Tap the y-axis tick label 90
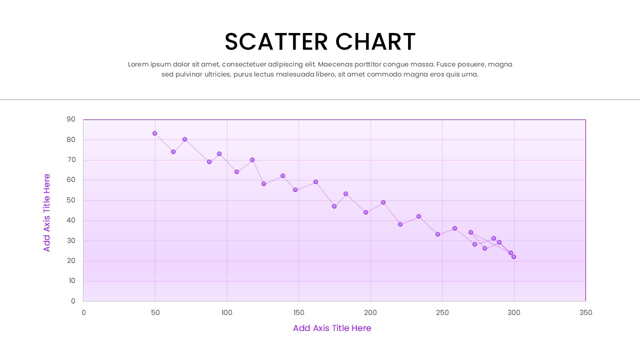pyautogui.click(x=71, y=119)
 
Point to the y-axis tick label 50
pyautogui.click(x=71, y=200)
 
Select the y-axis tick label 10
pyautogui.click(x=71, y=281)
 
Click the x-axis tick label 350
pyautogui.click(x=585, y=313)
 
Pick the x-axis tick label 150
pyautogui.click(x=298, y=313)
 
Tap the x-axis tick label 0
pyautogui.click(x=83, y=313)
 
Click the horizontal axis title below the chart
pyautogui.click(x=332, y=328)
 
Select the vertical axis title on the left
pyautogui.click(x=47, y=212)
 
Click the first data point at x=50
pyautogui.click(x=155, y=133)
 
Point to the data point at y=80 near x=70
pyautogui.click(x=184, y=139)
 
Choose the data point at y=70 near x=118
pyautogui.click(x=252, y=160)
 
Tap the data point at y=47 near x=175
pyautogui.click(x=334, y=206)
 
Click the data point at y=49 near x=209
pyautogui.click(x=383, y=202)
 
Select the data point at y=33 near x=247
pyautogui.click(x=437, y=234)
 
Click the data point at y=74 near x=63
pyautogui.click(x=173, y=151)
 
